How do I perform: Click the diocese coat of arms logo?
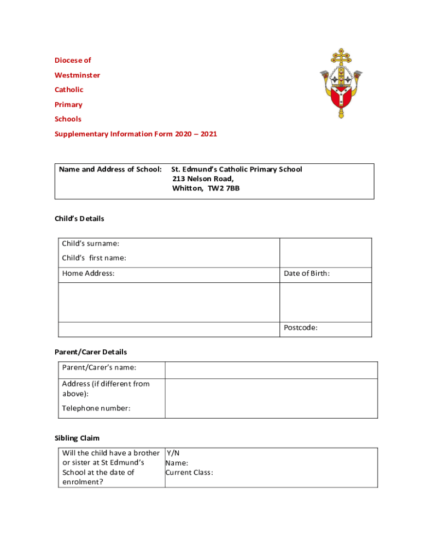[342, 84]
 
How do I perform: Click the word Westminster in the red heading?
[77, 75]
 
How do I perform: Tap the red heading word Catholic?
[69, 90]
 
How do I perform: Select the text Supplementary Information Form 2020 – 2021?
[136, 134]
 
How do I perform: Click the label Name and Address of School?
[110, 169]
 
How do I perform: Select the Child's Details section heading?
[79, 218]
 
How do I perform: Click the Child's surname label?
[91, 243]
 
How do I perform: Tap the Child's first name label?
[94, 258]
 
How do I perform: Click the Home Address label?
[89, 273]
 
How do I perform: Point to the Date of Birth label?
[307, 273]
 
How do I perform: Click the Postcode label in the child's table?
[301, 328]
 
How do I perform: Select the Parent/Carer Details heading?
[91, 352]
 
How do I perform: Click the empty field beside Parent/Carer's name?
[271, 370]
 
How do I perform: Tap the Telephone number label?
[96, 408]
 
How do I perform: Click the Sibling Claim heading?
[77, 438]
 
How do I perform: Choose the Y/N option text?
[173, 453]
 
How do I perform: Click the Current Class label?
[189, 472]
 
